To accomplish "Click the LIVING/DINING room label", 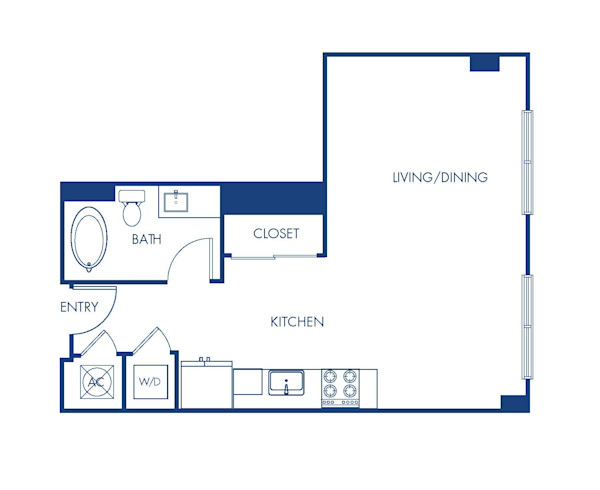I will pos(440,178).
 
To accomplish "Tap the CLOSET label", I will pos(276,234).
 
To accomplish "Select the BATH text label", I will pos(149,240).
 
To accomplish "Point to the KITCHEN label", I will pos(297,322).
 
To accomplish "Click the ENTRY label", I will pos(78,307).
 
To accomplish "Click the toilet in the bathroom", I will pos(131,208).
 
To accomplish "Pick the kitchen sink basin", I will pos(286,382).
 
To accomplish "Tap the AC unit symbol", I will pos(97,382).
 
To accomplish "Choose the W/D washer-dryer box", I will pos(149,382).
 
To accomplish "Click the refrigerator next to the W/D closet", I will pos(206,385).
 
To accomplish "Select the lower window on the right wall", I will pos(526,326).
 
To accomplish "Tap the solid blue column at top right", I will pos(484,62).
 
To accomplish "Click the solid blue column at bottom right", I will pos(513,402).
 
